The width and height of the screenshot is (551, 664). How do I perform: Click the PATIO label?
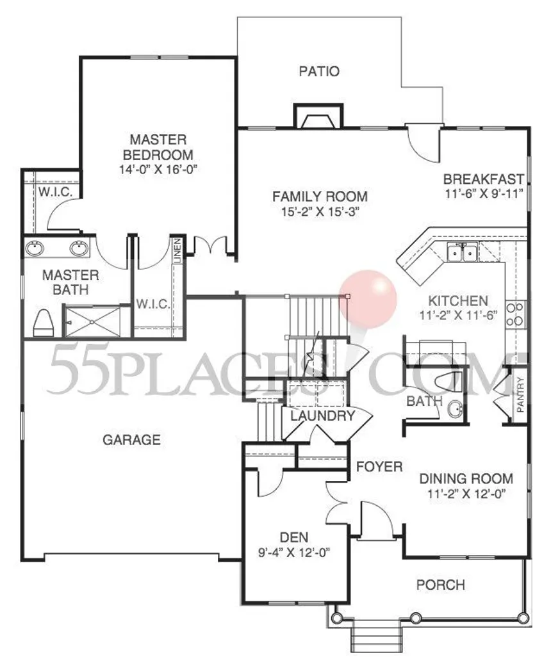[319, 71]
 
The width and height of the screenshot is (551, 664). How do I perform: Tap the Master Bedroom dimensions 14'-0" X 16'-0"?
[158, 170]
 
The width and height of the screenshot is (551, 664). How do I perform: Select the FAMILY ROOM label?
[320, 197]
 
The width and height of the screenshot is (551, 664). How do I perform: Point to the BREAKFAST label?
[484, 179]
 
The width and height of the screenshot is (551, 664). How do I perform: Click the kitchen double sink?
[463, 253]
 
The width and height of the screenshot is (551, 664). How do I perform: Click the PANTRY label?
[520, 394]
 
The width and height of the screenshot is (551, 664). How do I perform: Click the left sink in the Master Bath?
[35, 248]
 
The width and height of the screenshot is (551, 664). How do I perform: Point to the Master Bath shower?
[92, 322]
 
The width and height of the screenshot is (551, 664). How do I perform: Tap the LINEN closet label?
[177, 250]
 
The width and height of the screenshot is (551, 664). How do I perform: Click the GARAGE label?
[132, 440]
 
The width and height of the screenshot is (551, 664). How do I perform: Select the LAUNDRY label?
[322, 416]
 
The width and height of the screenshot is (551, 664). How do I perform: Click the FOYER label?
[379, 467]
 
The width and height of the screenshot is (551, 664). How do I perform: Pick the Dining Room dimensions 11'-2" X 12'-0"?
[466, 494]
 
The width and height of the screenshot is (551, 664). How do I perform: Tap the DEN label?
[293, 537]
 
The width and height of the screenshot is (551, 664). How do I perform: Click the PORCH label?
[441, 585]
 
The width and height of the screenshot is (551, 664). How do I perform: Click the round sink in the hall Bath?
[455, 409]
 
